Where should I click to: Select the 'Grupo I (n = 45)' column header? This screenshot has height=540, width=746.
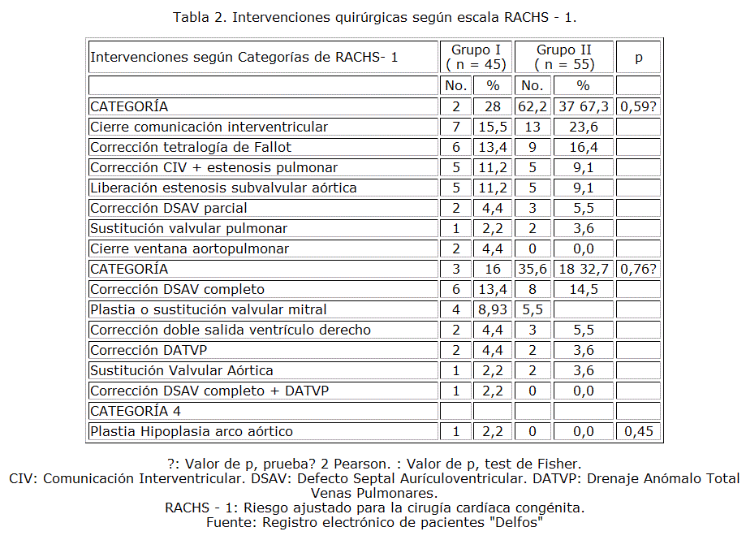[x=476, y=57]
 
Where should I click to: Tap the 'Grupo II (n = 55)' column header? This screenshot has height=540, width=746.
[x=564, y=57]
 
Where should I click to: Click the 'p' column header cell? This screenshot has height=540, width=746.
[x=638, y=58]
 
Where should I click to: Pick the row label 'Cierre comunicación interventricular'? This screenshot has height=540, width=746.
[x=209, y=127]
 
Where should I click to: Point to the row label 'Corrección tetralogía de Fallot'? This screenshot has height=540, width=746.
[x=191, y=147]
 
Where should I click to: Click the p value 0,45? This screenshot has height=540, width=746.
[x=638, y=431]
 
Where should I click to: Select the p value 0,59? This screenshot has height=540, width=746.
[x=638, y=106]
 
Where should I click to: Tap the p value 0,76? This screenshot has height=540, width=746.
[x=638, y=269]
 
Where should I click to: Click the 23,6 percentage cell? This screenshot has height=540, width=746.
[x=583, y=127]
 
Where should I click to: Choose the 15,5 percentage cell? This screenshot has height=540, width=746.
[x=493, y=127]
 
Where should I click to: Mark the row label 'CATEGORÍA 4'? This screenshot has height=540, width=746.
[x=136, y=411]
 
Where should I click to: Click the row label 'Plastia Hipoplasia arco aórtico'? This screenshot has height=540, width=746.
[x=192, y=431]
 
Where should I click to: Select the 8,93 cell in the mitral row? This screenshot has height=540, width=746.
[x=493, y=309]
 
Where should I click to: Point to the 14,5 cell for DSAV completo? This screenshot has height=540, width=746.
[x=583, y=289]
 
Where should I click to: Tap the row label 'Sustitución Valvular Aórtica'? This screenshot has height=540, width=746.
[x=181, y=370]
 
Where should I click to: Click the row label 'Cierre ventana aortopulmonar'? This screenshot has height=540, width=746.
[x=189, y=248]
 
